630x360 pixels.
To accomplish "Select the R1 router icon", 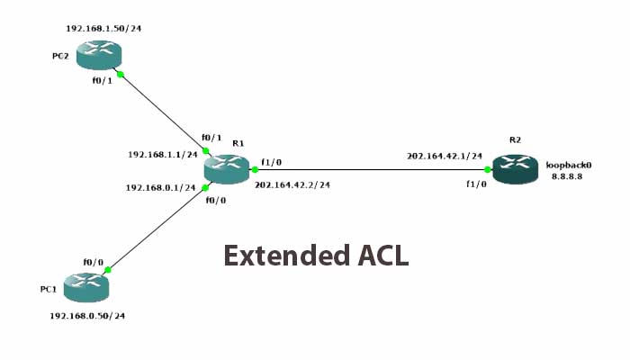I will (x=226, y=168).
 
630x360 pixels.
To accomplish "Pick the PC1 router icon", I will (x=86, y=286).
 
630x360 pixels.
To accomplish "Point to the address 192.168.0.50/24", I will (x=87, y=316).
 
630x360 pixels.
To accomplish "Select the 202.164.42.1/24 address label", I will (x=445, y=156).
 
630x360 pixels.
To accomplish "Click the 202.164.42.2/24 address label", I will (x=292, y=184).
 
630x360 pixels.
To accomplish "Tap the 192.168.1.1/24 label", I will (x=163, y=154).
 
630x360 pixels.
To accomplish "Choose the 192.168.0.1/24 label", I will (x=161, y=187).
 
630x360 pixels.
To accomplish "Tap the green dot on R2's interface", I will (x=487, y=169).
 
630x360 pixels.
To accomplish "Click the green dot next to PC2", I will (x=120, y=75).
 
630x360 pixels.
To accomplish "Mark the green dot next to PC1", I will (x=108, y=269).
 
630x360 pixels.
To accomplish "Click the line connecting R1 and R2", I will (x=369, y=169).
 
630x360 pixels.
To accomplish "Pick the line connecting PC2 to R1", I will (x=162, y=112).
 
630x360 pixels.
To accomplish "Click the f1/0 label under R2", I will (x=476, y=184).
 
